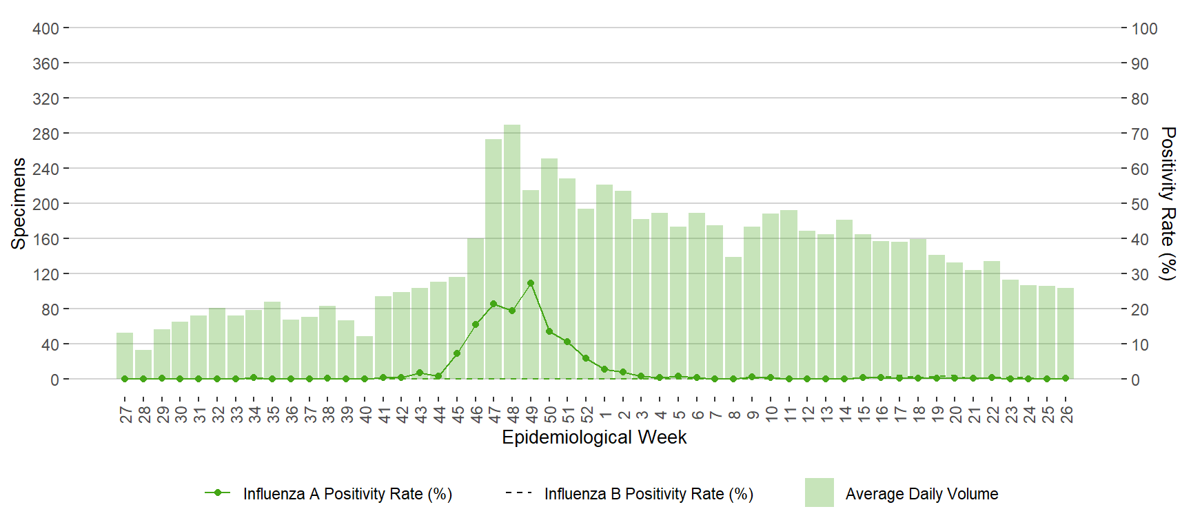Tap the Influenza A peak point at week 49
(x=531, y=283)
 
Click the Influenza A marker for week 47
(x=493, y=304)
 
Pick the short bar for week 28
(x=143, y=364)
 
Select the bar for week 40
(x=365, y=357)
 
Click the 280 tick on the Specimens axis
(x=45, y=134)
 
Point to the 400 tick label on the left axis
(x=45, y=29)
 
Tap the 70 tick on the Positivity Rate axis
(x=1140, y=134)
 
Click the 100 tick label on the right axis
(x=1144, y=29)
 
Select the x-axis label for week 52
(x=587, y=414)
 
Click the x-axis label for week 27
(x=125, y=414)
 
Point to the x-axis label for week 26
(x=1066, y=414)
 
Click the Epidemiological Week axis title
(x=594, y=437)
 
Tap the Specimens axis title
(x=19, y=203)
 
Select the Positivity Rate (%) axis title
(x=1167, y=203)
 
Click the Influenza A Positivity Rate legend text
(x=347, y=494)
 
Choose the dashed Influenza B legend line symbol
(x=518, y=493)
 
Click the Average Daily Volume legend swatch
(x=819, y=493)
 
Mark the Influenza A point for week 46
(x=476, y=324)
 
